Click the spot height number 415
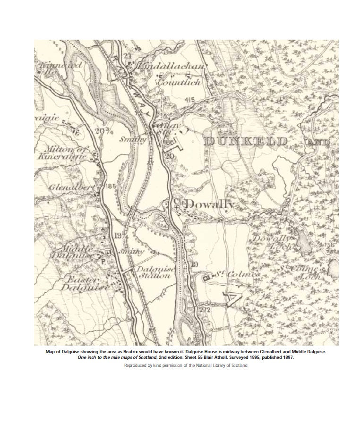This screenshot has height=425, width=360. pos(190,100)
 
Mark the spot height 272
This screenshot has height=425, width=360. pos(204,309)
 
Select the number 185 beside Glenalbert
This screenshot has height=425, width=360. pos(111,187)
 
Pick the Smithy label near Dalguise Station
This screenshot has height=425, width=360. pos(131,252)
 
